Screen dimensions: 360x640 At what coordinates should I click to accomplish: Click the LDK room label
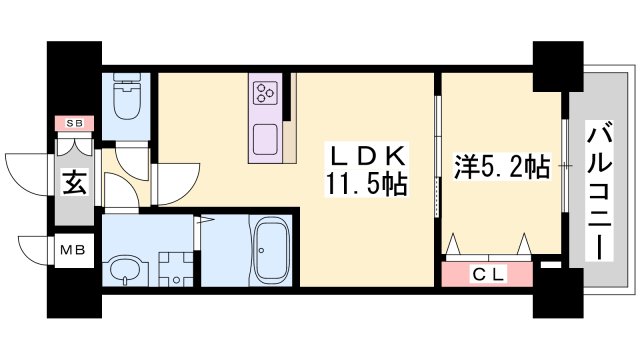pyautogui.click(x=368, y=157)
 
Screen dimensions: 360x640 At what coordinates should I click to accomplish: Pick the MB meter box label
pyautogui.click(x=76, y=249)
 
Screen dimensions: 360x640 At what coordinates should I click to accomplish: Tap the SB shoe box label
pyautogui.click(x=74, y=123)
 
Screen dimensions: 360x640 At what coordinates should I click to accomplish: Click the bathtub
pyautogui.click(x=268, y=251)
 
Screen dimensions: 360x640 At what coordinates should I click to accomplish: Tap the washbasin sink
pyautogui.click(x=125, y=268)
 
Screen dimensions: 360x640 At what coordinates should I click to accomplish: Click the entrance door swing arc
pyautogui.click(x=30, y=178)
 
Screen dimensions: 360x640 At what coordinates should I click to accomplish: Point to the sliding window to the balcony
pyautogui.click(x=567, y=165)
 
